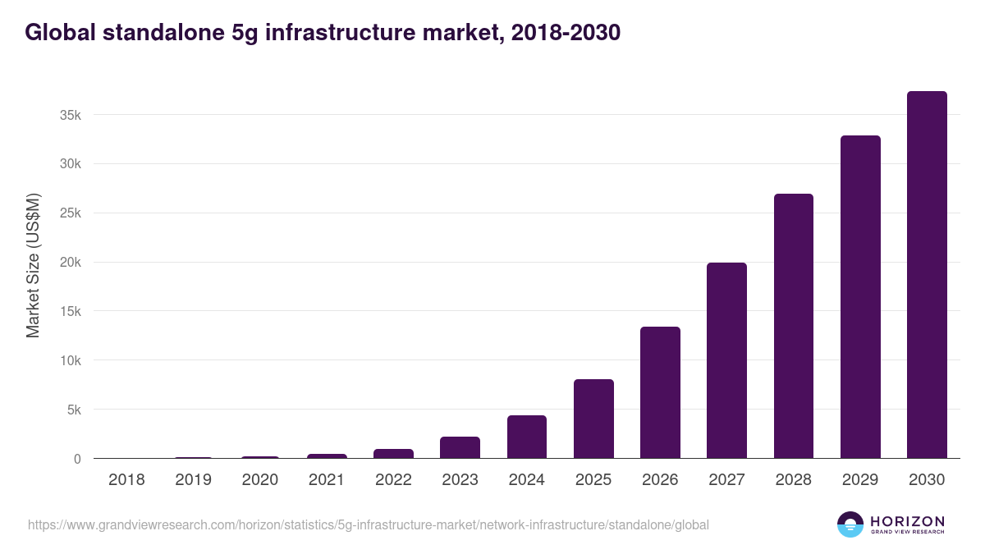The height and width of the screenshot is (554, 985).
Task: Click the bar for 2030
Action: coord(927,275)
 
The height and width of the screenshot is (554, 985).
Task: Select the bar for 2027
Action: coord(726,360)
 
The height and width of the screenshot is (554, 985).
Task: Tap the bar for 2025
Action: coord(593,419)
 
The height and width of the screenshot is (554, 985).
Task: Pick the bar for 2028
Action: coord(793,326)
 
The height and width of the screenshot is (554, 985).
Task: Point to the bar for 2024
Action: coord(527,437)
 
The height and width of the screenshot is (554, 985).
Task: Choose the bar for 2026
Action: coord(660,392)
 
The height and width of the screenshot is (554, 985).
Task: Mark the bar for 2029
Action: coord(860,297)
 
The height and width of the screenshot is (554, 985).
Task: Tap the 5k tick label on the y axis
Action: coord(74,410)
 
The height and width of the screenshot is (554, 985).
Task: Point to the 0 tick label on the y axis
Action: coord(77,459)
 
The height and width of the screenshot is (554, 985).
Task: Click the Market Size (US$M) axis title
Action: coord(33,265)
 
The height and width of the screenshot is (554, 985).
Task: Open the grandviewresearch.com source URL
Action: coord(369,524)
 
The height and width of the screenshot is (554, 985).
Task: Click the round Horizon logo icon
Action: coord(850,524)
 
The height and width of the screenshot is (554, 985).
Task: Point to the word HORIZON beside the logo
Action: coord(907,521)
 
